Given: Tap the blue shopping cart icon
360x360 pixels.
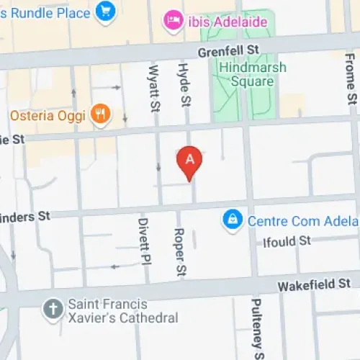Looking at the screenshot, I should pyautogui.click(x=106, y=12).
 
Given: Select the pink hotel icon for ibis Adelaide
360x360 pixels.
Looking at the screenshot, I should pyautogui.click(x=174, y=21).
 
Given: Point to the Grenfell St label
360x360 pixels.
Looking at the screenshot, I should pyautogui.click(x=230, y=48).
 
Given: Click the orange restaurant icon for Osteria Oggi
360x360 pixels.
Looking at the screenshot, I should pyautogui.click(x=100, y=114).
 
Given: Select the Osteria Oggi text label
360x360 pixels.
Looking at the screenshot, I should pyautogui.click(x=48, y=115).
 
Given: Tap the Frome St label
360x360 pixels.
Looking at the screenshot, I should pyautogui.click(x=351, y=81).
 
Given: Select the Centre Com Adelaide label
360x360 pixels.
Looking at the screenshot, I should pyautogui.click(x=302, y=220).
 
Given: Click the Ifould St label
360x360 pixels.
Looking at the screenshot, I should pyautogui.click(x=286, y=241).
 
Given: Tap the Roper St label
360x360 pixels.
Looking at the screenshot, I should pyautogui.click(x=180, y=253).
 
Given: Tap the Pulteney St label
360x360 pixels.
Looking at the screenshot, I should pyautogui.click(x=257, y=328).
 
